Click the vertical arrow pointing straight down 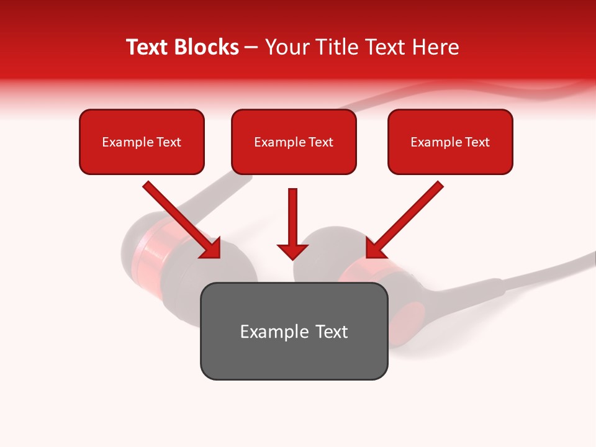click(292, 217)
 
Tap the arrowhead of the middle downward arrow click(292, 251)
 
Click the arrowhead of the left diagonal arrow click(211, 248)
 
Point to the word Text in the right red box click(477, 142)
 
